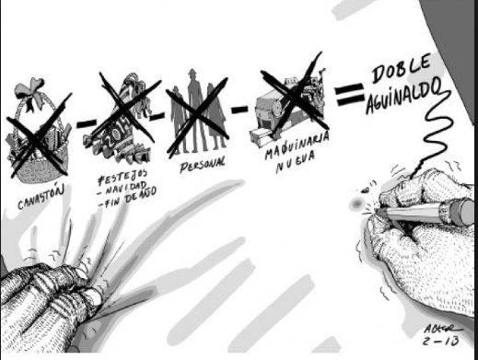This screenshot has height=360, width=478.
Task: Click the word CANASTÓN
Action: pyautogui.click(x=41, y=197)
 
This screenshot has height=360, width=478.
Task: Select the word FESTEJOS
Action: pyautogui.click(x=122, y=177)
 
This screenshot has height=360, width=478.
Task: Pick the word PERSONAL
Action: pyautogui.click(x=202, y=165)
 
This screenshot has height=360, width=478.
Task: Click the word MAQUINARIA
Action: pyautogui.click(x=297, y=145)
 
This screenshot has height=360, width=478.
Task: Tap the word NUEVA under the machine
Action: pyautogui.click(x=296, y=162)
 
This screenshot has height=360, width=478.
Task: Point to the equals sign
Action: pyautogui.click(x=349, y=94)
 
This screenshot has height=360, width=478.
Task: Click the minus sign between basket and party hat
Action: pyautogui.click(x=86, y=122)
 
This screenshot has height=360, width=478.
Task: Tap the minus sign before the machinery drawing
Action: pyautogui.click(x=239, y=109)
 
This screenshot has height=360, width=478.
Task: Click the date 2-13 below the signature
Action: pyautogui.click(x=440, y=341)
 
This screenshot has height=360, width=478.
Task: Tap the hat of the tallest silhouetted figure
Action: pyautogui.click(x=192, y=74)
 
